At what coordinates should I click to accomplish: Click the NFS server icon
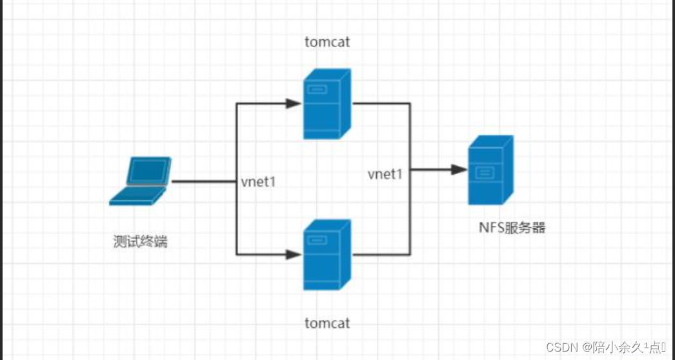[x=490, y=171]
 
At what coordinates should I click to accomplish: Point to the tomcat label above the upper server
[x=327, y=43]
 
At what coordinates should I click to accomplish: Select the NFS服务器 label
[x=512, y=228]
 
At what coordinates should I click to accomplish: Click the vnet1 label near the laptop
[x=258, y=182]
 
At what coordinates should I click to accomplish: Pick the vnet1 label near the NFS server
[x=385, y=174]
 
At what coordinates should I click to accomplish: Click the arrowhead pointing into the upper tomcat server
[x=294, y=103]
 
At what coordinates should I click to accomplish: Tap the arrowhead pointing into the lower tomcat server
[x=294, y=255]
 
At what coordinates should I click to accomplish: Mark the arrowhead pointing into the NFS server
[x=459, y=170]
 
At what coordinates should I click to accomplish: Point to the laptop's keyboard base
[x=136, y=195]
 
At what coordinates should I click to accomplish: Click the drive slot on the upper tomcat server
[x=317, y=90]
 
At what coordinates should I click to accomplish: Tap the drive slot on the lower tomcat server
[x=317, y=241]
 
